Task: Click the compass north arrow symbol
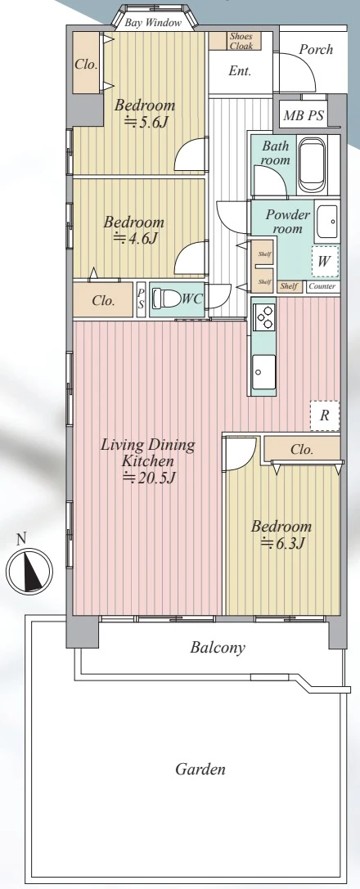coord(29,568)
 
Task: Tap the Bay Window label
coord(153,23)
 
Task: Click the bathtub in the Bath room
coord(313,164)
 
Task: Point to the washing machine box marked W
coord(324,261)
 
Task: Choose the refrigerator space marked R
coord(324,415)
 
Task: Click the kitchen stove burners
coord(263,319)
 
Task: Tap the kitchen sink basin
coord(263,372)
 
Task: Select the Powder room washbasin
coord(326,221)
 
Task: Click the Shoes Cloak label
coord(241,41)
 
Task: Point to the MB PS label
coord(304,115)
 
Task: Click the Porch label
coord(316,49)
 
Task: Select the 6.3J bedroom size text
coord(283,543)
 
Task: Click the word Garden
coord(200,770)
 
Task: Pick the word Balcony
coord(218,647)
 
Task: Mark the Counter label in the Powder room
coord(322,286)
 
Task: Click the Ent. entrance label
coord(240,71)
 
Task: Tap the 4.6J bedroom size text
coord(135,238)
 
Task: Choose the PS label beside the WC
coord(142,299)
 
